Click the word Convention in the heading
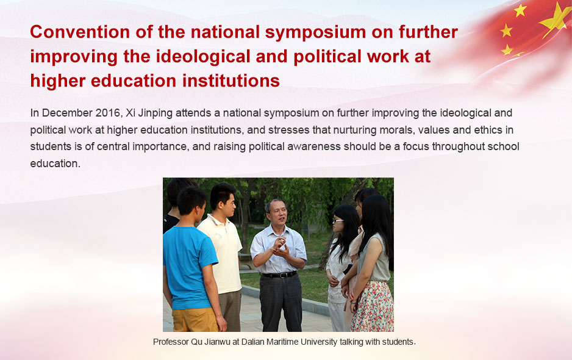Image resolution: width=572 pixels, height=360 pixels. click(x=80, y=32)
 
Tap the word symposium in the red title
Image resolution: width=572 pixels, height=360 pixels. click(x=315, y=32)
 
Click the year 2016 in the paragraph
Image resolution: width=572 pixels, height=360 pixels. click(x=107, y=113)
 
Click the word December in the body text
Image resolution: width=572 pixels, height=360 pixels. click(x=67, y=113)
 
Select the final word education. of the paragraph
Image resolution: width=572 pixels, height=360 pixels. click(x=55, y=163)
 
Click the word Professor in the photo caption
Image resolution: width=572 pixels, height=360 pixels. click(x=171, y=342)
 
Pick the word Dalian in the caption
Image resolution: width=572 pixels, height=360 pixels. click(x=252, y=342)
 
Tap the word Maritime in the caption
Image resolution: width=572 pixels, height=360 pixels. click(x=282, y=342)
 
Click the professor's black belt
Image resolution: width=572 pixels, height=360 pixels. click(x=279, y=275)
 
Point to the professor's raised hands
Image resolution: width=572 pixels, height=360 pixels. click(x=280, y=248)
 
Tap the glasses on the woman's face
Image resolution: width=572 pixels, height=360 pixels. click(x=337, y=220)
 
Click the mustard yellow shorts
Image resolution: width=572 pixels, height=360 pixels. click(x=195, y=320)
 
